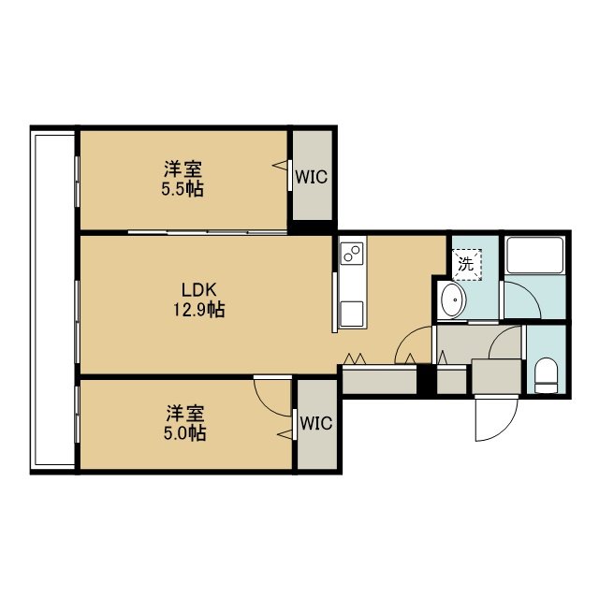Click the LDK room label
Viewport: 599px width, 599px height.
198,290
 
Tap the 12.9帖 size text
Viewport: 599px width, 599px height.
199,310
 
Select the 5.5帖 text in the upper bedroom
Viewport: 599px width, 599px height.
183,189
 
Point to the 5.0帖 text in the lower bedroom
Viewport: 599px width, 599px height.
185,433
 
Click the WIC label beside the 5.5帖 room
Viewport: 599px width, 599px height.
312,177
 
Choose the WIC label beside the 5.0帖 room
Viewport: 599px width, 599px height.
316,423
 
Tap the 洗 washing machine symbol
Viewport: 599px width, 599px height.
466,264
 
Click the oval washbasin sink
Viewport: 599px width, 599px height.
453,300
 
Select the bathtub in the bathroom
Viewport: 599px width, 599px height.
534,256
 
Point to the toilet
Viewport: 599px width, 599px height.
546,375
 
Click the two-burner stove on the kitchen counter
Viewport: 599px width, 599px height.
352,254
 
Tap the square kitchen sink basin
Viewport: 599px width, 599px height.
352,314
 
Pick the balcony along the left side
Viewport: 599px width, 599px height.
52,299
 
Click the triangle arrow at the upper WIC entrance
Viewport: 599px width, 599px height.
279,166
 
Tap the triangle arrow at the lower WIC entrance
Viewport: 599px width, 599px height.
285,433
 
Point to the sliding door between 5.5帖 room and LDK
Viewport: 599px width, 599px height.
208,232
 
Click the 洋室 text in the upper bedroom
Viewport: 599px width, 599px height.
183,169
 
